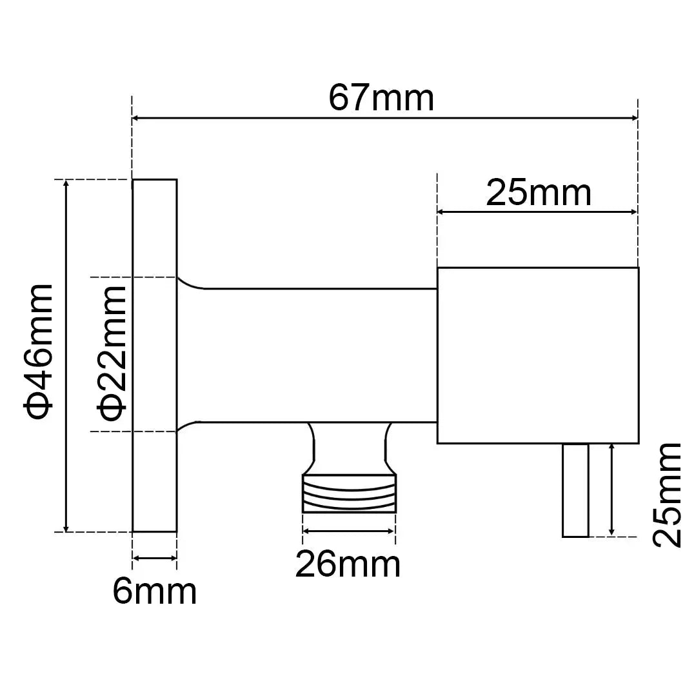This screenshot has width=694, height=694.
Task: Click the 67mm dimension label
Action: pos(381,98)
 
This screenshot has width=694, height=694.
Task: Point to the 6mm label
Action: pos(155,591)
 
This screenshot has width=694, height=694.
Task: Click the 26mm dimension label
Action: pos(348,565)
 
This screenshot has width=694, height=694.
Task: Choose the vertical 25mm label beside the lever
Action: pos(666,495)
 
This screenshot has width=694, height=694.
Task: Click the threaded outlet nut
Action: pos(349,493)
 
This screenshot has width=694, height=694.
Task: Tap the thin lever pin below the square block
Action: pos(575,490)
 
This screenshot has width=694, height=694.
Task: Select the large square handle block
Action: pos(538,355)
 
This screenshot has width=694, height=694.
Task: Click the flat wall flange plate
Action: pos(154,355)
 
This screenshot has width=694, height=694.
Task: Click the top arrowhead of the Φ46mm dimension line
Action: pos(65,184)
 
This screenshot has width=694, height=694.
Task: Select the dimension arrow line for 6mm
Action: pos(154,559)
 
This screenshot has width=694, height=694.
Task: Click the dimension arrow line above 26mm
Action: pos(348,531)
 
